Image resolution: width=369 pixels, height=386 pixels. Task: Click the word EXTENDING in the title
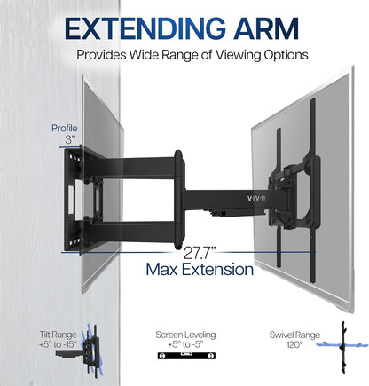tap(145, 28)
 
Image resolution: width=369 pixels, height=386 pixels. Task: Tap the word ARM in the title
tap(266, 28)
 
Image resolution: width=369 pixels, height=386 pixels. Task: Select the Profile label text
tap(65, 129)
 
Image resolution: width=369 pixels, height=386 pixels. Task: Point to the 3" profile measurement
tap(69, 139)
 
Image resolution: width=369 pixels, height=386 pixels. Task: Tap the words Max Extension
tap(200, 270)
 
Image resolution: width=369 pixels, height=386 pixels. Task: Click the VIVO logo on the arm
tap(256, 198)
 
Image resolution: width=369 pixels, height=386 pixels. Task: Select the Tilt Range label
tap(58, 335)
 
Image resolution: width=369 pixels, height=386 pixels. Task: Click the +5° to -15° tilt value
tap(58, 344)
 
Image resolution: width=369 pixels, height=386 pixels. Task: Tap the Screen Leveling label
tap(185, 335)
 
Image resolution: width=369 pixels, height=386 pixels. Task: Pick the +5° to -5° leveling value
tap(185, 344)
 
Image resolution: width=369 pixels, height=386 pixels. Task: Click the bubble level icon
tap(186, 356)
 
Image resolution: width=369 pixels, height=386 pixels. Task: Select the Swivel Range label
tap(294, 335)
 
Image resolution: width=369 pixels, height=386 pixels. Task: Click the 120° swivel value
tap(294, 344)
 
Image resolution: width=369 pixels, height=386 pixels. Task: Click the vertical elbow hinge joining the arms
tap(179, 199)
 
